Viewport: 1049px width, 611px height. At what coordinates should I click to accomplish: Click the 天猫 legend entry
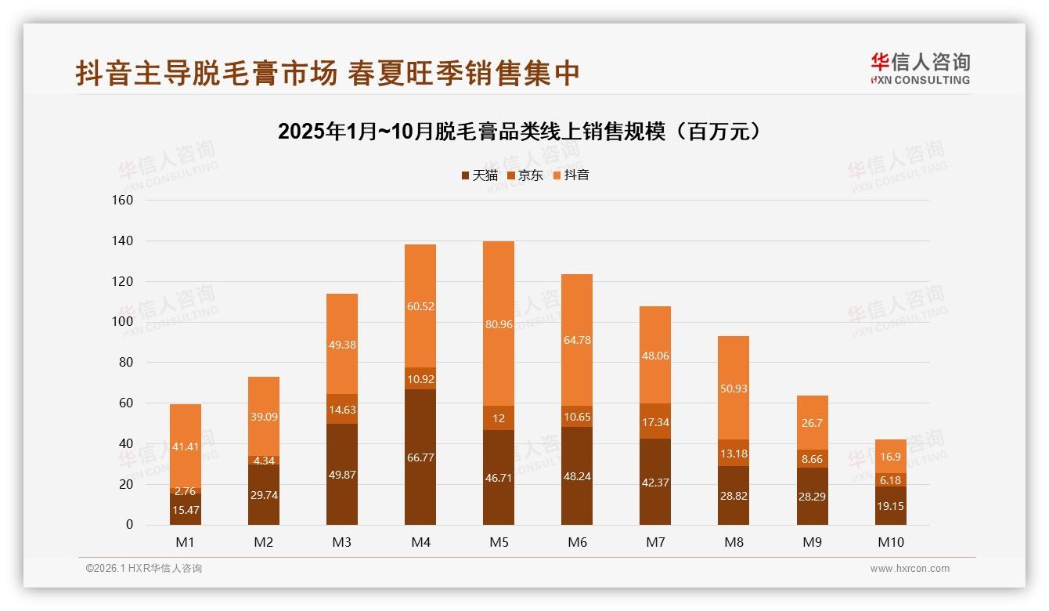coord(479,175)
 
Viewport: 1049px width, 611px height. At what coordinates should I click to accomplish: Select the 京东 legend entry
coord(524,175)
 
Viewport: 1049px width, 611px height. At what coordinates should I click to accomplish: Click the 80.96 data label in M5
coord(499,324)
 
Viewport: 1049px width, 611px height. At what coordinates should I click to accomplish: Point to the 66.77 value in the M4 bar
coord(420,457)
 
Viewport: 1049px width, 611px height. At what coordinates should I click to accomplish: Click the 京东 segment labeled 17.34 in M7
coord(655,421)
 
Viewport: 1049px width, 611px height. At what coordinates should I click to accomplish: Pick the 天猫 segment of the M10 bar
coord(890,506)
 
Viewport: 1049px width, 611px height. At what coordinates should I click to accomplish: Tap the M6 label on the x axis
coord(577,542)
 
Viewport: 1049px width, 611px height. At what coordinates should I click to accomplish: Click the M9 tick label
coord(812,542)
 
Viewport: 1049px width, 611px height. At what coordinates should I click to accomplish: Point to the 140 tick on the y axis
coord(123,240)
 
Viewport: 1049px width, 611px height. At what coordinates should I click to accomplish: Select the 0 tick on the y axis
coord(129,525)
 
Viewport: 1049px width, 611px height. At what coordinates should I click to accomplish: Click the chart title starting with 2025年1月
coord(519,132)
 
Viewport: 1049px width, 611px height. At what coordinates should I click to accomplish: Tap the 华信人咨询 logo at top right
coord(920,68)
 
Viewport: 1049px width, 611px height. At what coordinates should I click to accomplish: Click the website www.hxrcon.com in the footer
coord(910,569)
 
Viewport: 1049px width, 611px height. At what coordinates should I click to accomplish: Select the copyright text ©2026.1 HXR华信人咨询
coord(144,569)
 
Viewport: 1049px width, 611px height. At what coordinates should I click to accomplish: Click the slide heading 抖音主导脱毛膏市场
coord(328,73)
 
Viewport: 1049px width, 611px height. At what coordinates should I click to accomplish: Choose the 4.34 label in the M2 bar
coord(264,460)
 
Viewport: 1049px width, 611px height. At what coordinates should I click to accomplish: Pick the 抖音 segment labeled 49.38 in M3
coord(342,345)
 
